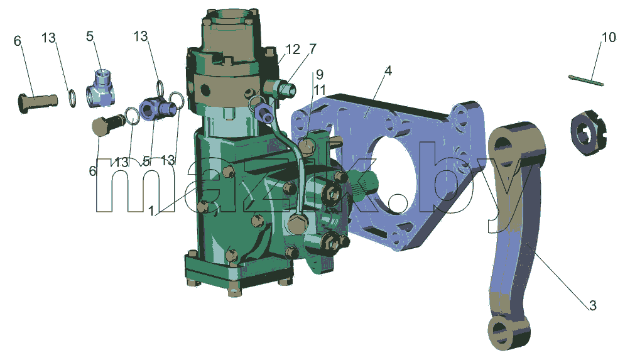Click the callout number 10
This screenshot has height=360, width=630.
click(x=609, y=37)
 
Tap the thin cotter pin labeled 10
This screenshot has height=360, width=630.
click(x=586, y=80)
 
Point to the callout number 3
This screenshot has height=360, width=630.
click(x=593, y=305)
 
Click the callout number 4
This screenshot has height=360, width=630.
click(x=388, y=71)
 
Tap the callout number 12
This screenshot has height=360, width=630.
click(x=293, y=50)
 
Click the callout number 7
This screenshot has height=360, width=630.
click(x=313, y=48)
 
